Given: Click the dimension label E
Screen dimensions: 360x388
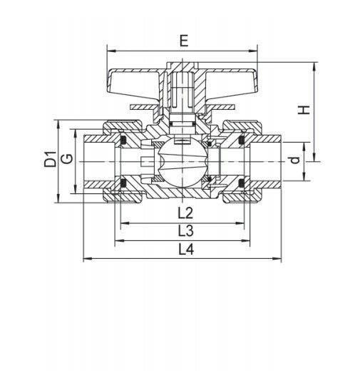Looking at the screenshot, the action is click(x=184, y=41).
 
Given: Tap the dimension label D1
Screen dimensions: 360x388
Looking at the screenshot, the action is click(x=50, y=159).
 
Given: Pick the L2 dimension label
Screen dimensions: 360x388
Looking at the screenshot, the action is click(x=185, y=213).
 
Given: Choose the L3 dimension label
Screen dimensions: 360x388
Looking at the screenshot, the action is click(x=186, y=230).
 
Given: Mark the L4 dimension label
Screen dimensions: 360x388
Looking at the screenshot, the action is click(x=187, y=249).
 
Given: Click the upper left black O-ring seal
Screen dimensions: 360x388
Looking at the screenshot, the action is click(x=123, y=140).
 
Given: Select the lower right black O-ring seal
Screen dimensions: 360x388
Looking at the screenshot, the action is click(x=241, y=183).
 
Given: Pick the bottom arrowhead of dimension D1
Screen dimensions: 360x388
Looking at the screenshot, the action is click(x=58, y=198).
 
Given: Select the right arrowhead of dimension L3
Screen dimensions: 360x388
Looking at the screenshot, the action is click(x=245, y=240).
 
